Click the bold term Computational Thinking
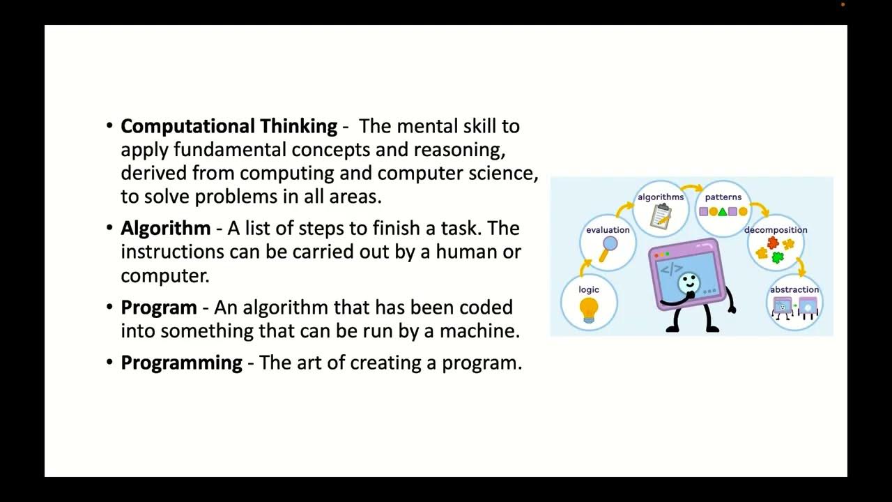pos(229,126)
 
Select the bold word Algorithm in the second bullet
pos(165,228)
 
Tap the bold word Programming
pos(181,363)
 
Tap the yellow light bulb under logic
pos(589,308)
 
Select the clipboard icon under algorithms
pos(660,215)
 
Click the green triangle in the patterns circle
pos(723,211)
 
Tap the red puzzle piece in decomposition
pos(772,243)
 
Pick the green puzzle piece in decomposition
pos(777,257)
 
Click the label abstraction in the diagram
pos(794,289)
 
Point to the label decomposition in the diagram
pos(776,229)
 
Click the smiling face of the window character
pos(688,282)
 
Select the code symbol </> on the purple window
pos(671,269)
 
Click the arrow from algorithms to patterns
pos(692,188)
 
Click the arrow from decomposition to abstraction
pos(801,266)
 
